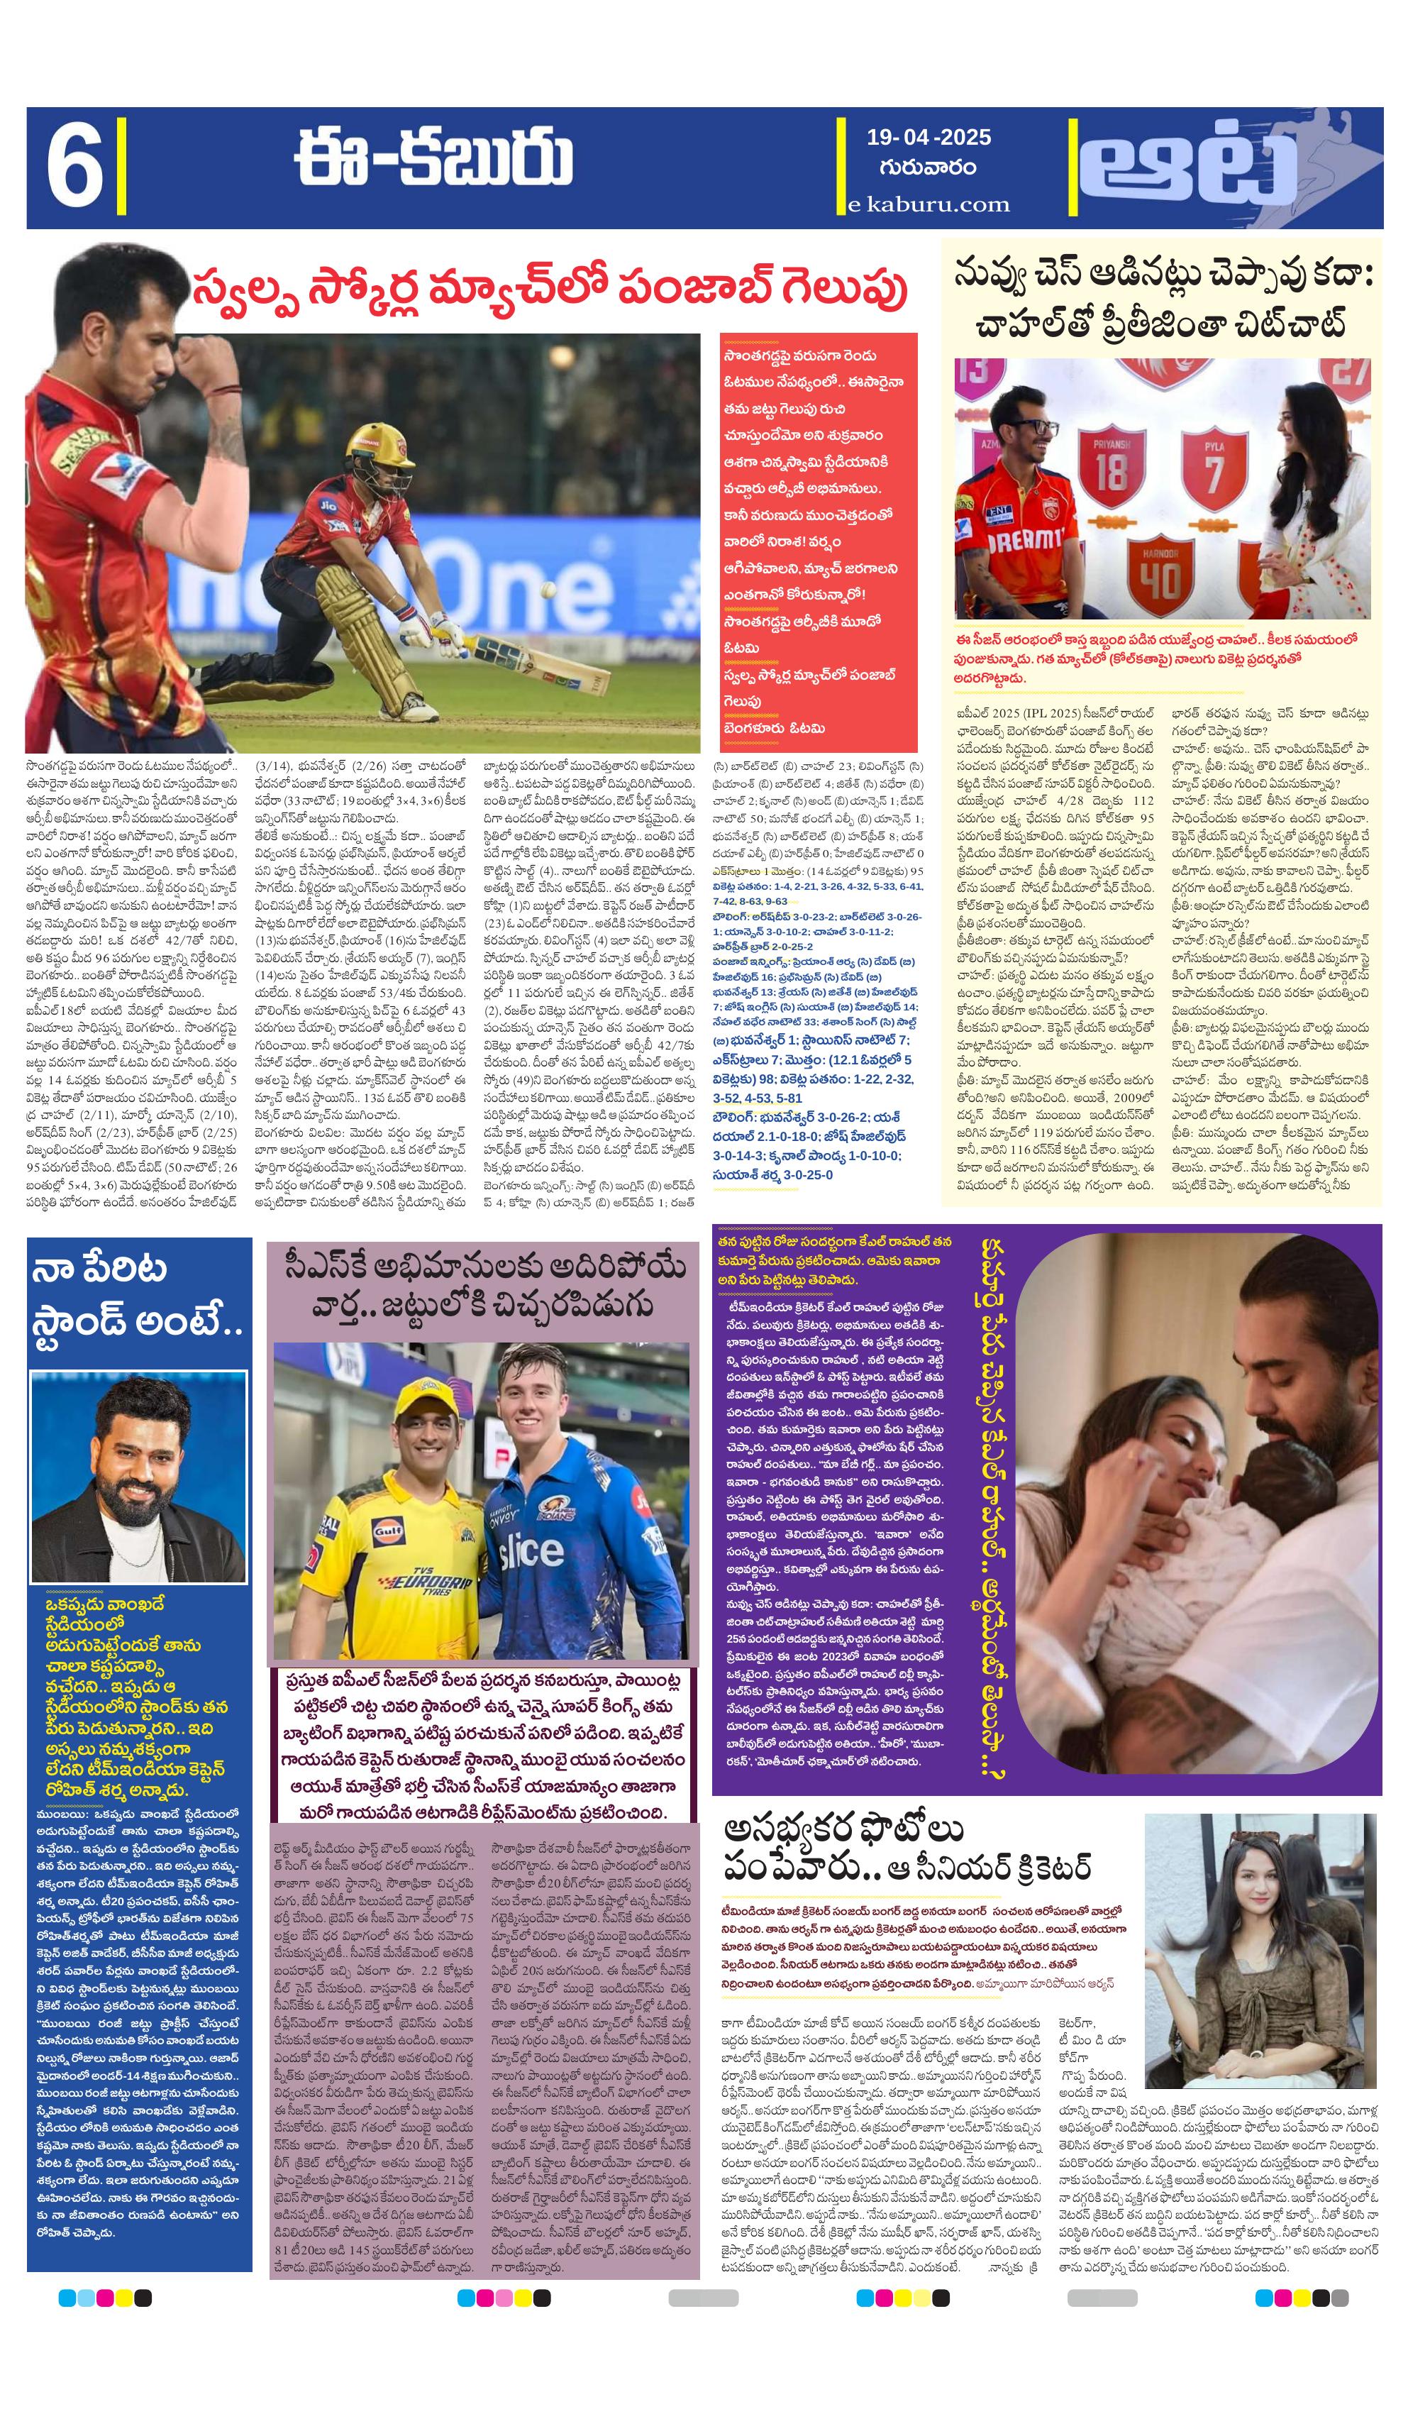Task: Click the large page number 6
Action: coord(74,169)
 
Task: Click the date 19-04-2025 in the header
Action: coord(928,137)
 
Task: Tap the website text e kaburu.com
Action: coord(928,204)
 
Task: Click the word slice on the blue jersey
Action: coord(530,1553)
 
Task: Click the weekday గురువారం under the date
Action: coord(927,167)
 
